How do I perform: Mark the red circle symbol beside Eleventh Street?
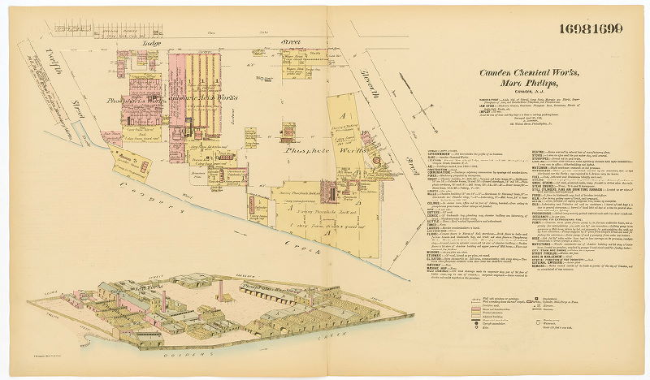pyautogui.click(x=376, y=162)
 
